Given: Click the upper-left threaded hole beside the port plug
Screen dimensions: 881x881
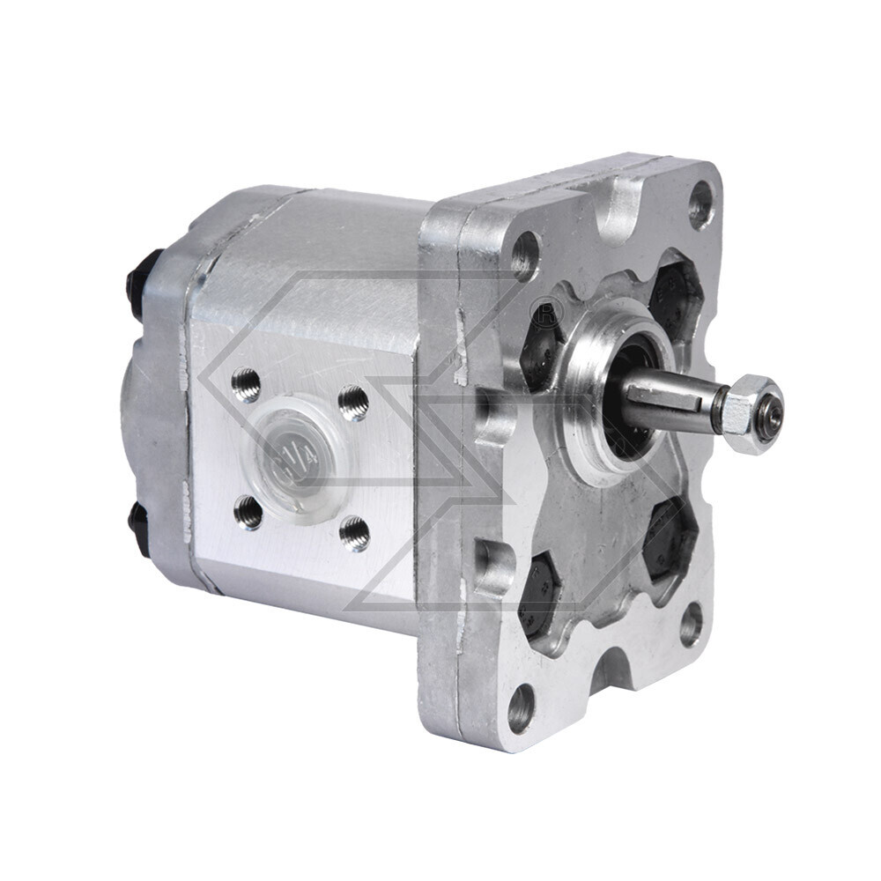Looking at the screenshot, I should [x=248, y=385].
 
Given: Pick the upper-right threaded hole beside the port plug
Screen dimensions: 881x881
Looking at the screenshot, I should [x=354, y=403].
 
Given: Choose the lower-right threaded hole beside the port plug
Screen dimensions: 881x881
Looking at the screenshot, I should [x=355, y=534].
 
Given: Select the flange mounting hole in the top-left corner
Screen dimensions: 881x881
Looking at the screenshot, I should [x=525, y=254].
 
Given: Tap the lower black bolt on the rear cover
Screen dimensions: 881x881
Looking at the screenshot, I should [x=138, y=528].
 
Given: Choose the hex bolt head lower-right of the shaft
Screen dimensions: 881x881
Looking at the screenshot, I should [x=670, y=537].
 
